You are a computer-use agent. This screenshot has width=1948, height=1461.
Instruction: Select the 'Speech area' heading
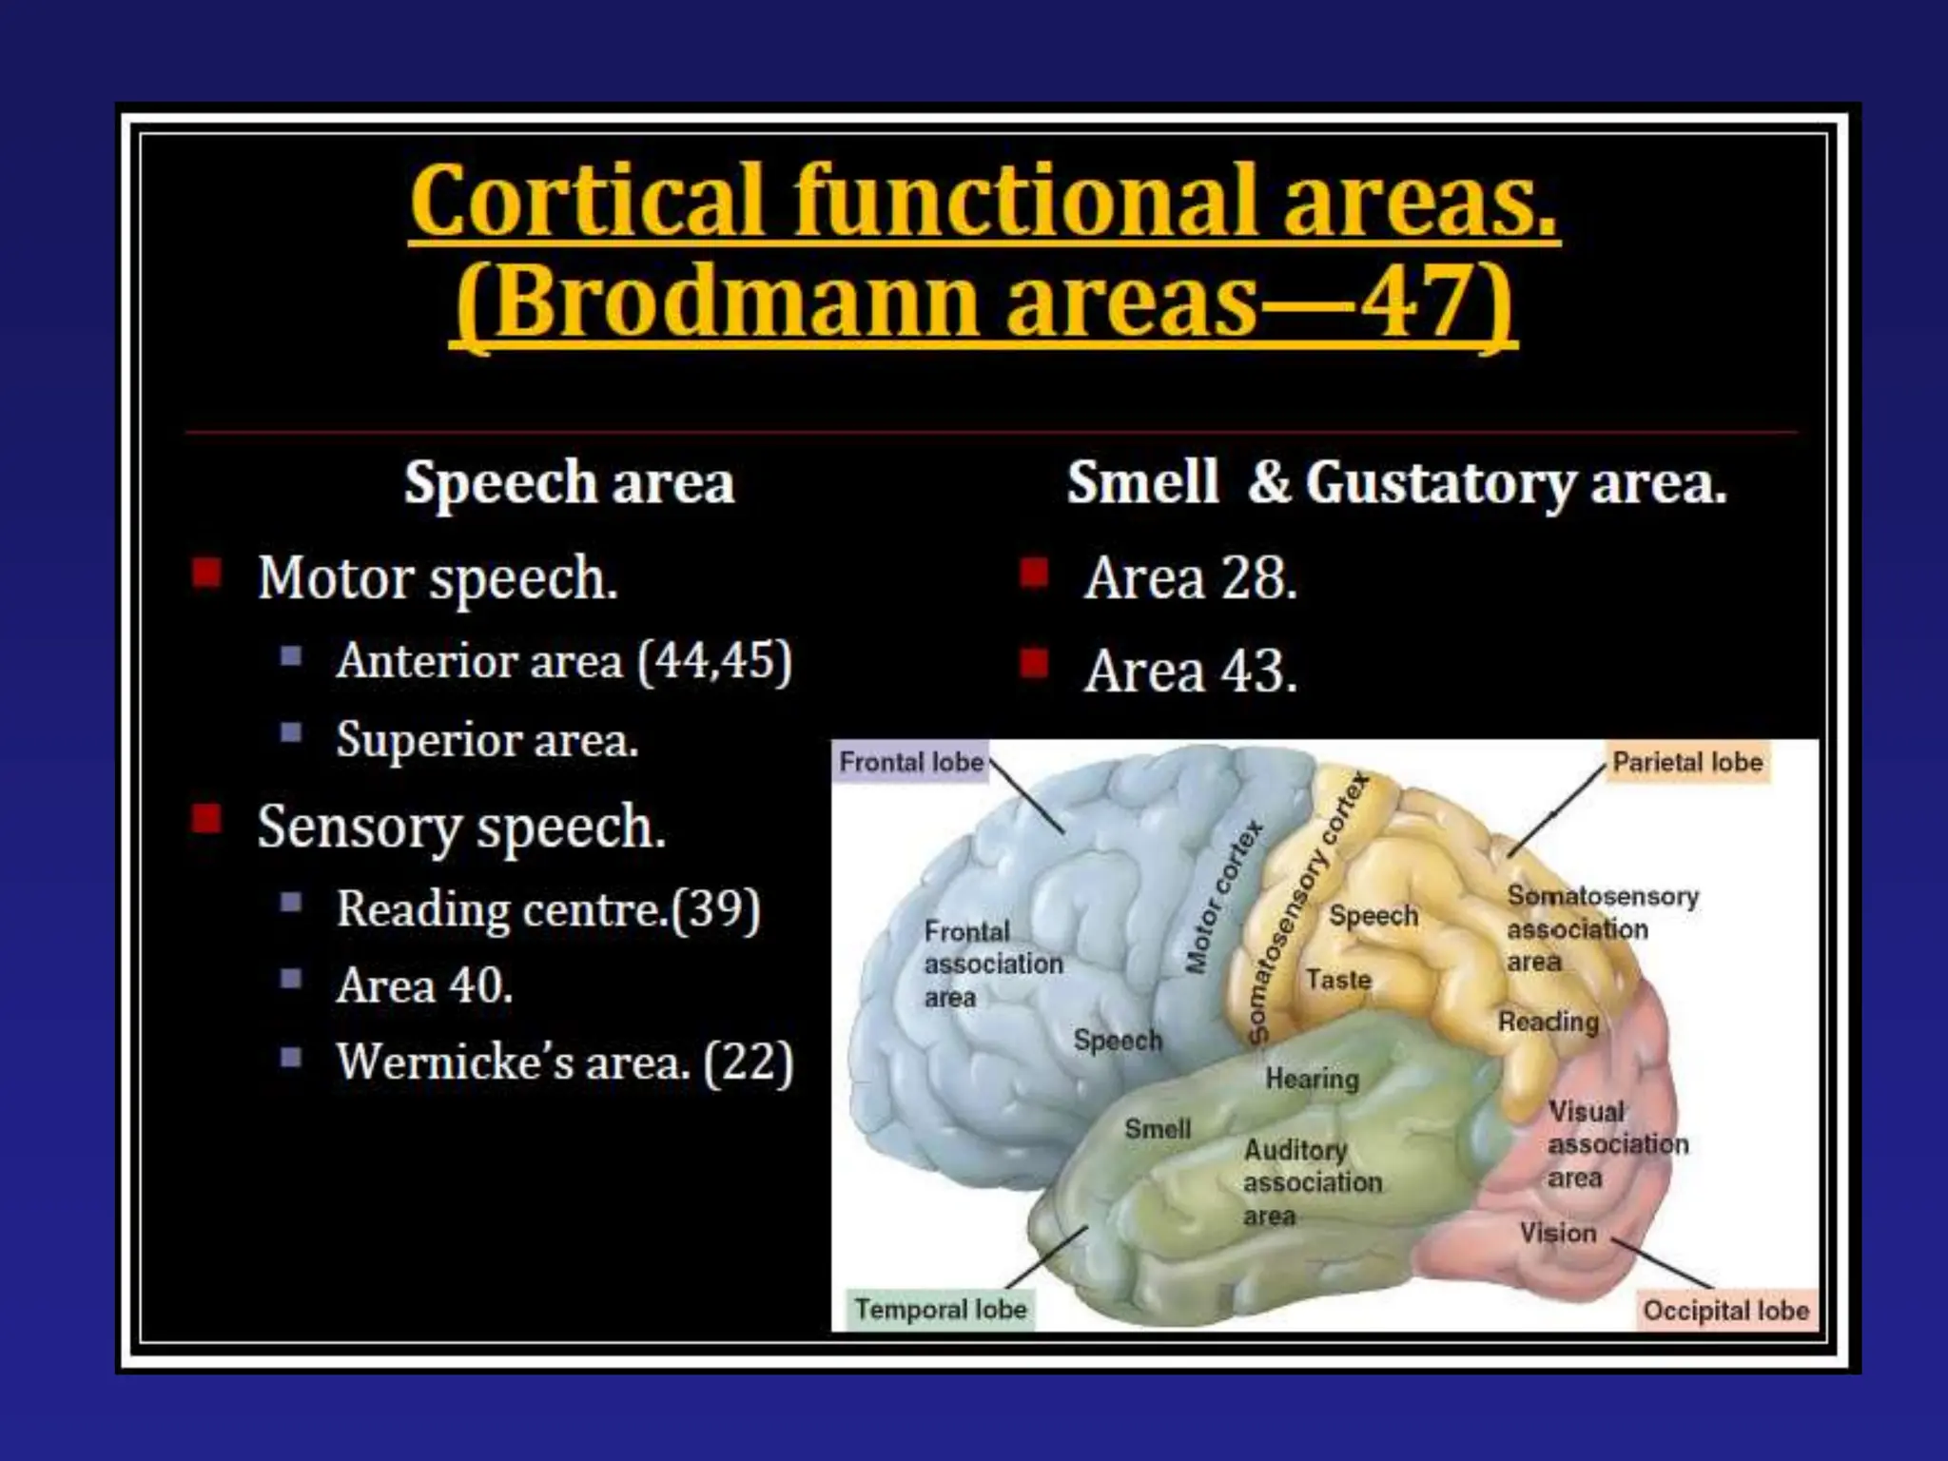point(569,482)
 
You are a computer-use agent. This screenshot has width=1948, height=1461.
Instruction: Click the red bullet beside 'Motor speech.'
point(206,574)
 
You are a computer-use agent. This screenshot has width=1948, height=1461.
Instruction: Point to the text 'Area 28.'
point(1190,577)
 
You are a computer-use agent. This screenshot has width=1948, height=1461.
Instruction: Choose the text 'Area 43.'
point(1190,671)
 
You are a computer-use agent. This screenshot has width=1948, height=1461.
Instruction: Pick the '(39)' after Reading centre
point(715,909)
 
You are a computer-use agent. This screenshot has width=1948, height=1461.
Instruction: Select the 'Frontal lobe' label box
point(910,762)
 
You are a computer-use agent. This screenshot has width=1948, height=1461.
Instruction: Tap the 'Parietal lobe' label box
point(1686,762)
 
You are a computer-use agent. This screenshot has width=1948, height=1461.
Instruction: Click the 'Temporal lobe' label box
point(940,1309)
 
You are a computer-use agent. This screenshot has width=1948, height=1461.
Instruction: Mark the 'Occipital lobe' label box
point(1724,1310)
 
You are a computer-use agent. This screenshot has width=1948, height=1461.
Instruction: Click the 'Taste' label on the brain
point(1337,979)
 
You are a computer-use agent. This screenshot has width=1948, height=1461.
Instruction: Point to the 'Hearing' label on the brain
point(1312,1079)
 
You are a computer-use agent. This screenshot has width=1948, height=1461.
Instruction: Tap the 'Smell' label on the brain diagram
point(1157,1129)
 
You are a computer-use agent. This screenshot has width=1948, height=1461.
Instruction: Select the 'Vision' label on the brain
point(1557,1233)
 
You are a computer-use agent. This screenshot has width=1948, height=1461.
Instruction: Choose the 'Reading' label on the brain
point(1548,1022)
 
